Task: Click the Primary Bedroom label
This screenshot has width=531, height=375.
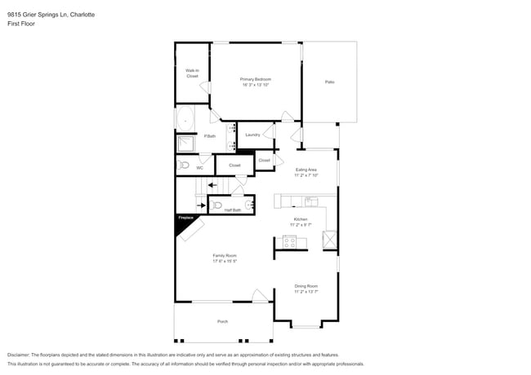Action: point(256,79)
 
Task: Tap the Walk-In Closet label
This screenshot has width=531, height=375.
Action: point(192,73)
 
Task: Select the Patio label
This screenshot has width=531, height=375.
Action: point(329,82)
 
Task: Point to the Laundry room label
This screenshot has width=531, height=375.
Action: point(252,135)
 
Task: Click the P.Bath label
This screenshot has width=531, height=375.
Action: point(210,135)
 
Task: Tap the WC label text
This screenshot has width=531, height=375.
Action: point(199,168)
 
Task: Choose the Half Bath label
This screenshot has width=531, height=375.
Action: point(232,210)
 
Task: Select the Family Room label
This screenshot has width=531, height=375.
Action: point(225,255)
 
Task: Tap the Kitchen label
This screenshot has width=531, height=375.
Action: point(301,219)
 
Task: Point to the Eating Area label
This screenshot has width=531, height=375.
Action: point(306,170)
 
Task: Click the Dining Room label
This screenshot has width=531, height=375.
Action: point(306,285)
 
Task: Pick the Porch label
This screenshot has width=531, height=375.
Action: point(222,322)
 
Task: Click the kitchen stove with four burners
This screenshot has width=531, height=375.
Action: point(289,241)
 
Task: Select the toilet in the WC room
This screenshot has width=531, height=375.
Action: point(184,165)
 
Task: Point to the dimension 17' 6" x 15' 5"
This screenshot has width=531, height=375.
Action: point(225,262)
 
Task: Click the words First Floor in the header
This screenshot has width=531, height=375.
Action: point(20,24)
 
